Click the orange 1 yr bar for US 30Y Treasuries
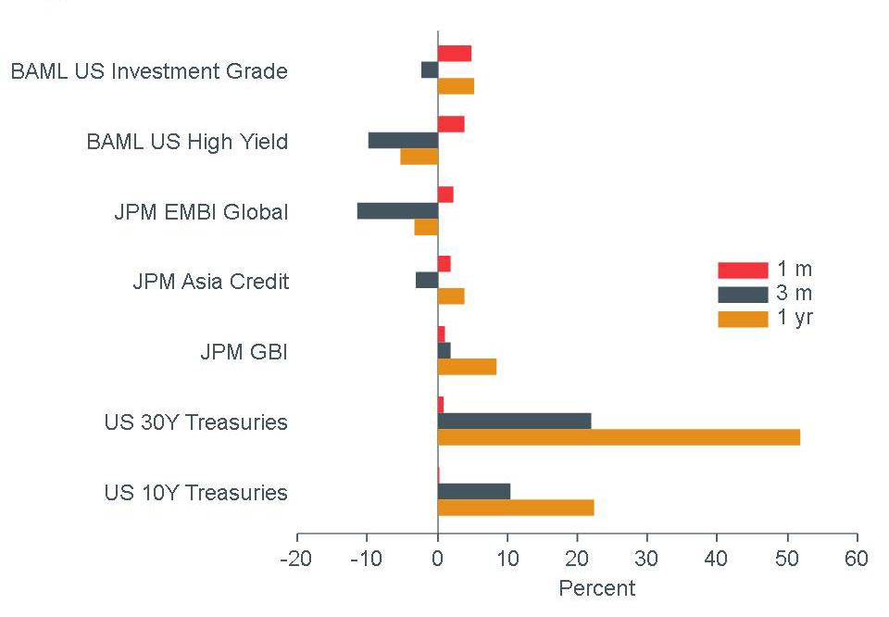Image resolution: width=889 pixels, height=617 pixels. pyautogui.click(x=619, y=437)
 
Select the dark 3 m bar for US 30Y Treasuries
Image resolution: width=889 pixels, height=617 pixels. pyautogui.click(x=514, y=421)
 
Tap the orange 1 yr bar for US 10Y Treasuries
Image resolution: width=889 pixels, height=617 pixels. pyautogui.click(x=516, y=508)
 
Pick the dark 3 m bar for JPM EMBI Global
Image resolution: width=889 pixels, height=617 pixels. pyautogui.click(x=397, y=210)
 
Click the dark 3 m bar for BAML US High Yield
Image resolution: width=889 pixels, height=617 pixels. pyautogui.click(x=403, y=140)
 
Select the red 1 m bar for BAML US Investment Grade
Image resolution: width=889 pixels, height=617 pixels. pyautogui.click(x=455, y=54)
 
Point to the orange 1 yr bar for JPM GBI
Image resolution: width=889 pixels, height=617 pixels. pyautogui.click(x=467, y=367)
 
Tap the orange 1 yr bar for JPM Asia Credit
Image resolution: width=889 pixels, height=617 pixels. pyautogui.click(x=451, y=296)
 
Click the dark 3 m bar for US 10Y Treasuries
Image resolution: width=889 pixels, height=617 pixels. pyautogui.click(x=474, y=491)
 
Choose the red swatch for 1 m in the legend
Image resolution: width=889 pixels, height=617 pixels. pyautogui.click(x=743, y=270)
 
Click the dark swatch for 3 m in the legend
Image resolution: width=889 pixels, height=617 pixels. pyautogui.click(x=743, y=295)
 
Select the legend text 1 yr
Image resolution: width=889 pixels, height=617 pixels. pyautogui.click(x=795, y=319)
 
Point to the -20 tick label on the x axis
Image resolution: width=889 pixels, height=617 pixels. pyautogui.click(x=297, y=560)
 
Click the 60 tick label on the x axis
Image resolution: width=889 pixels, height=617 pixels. pyautogui.click(x=857, y=560)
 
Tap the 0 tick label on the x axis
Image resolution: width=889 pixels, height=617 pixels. pyautogui.click(x=438, y=560)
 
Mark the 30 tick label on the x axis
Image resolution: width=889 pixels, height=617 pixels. pyautogui.click(x=647, y=560)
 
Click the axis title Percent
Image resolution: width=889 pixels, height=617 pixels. pyautogui.click(x=597, y=588)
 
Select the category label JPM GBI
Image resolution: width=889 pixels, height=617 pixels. pyautogui.click(x=244, y=352)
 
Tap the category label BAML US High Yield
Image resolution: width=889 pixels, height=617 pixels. pyautogui.click(x=187, y=142)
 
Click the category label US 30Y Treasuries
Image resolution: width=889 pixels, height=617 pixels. pyautogui.click(x=195, y=422)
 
